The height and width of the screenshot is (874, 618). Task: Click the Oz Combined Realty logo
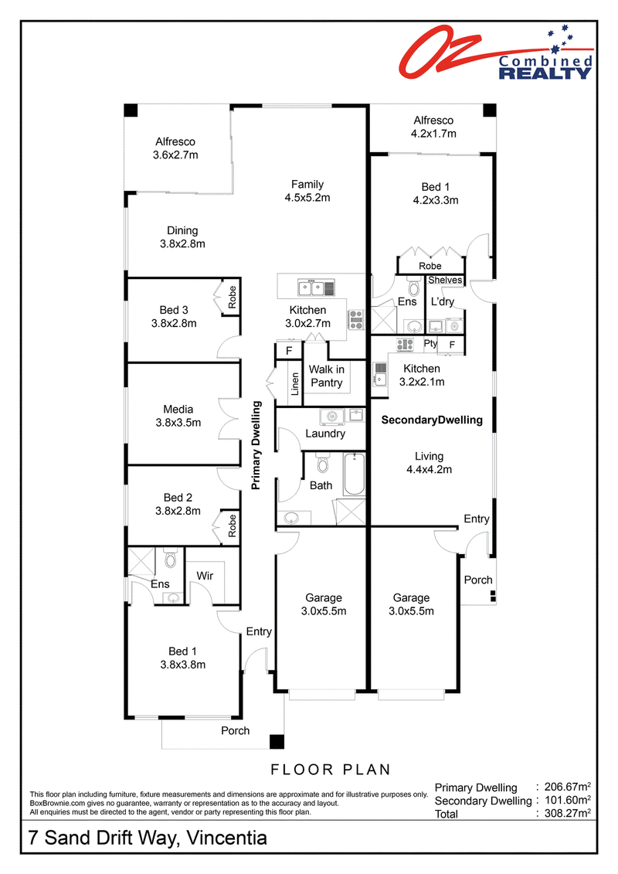tap(496, 53)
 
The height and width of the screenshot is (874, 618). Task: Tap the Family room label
tap(307, 185)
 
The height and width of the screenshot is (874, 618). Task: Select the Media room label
tap(178, 409)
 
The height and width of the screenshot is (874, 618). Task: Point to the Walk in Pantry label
tap(327, 376)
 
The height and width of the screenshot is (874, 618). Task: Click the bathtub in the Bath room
tap(355, 475)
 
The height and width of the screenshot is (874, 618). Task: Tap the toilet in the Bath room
tap(323, 462)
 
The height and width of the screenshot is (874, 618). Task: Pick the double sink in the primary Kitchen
tap(311, 288)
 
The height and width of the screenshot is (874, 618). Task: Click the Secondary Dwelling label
tap(432, 420)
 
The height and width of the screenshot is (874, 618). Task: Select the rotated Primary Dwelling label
tap(256, 445)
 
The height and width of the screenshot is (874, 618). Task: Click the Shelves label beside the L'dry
tap(445, 281)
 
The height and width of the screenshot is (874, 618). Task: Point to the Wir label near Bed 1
tap(205, 576)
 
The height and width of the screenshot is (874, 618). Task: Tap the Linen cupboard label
tap(295, 384)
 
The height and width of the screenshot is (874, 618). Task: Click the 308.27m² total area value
tap(567, 813)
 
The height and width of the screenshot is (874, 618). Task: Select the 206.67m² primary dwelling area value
tap(567, 787)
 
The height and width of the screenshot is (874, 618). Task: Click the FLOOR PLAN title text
tap(331, 770)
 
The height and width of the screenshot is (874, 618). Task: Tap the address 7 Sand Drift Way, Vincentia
tap(148, 838)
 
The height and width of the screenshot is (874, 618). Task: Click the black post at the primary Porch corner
tap(277, 741)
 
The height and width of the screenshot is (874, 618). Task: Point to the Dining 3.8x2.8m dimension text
tap(182, 243)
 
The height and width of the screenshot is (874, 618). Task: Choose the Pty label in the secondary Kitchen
tap(430, 343)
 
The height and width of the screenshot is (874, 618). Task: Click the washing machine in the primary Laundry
tap(333, 416)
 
